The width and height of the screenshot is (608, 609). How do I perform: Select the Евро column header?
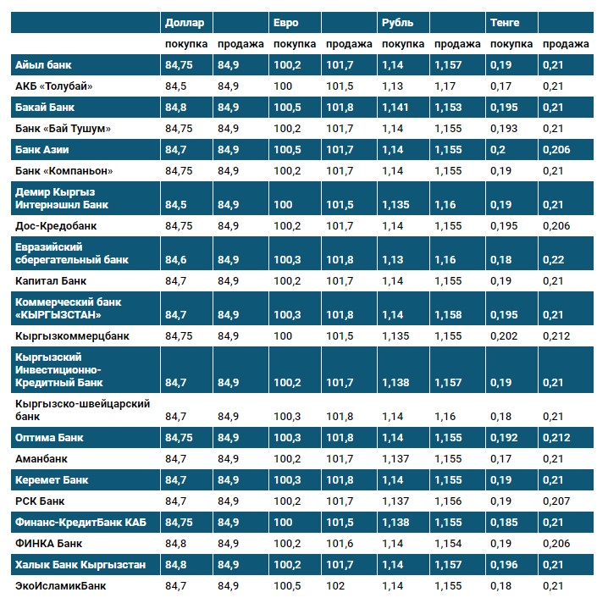click(286, 22)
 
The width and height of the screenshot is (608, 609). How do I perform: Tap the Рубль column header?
click(397, 22)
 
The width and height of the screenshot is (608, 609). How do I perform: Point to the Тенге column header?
click(505, 22)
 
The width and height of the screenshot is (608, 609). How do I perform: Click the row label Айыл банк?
click(43, 64)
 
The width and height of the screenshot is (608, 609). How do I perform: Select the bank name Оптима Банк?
click(50, 438)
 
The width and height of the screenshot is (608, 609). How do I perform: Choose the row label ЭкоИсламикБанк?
click(61, 584)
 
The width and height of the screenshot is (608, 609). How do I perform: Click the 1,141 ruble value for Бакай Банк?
click(395, 107)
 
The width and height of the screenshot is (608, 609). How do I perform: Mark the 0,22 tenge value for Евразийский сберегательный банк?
click(551, 259)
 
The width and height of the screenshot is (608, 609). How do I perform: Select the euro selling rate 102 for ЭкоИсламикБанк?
click(337, 584)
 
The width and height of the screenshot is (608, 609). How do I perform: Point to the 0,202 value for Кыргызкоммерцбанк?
click(506, 335)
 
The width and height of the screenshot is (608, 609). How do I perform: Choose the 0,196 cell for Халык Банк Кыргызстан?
click(506, 564)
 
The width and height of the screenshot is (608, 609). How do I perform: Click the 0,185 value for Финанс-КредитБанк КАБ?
click(506, 522)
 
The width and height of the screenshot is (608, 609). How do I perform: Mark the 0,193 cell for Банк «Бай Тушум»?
click(506, 128)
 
